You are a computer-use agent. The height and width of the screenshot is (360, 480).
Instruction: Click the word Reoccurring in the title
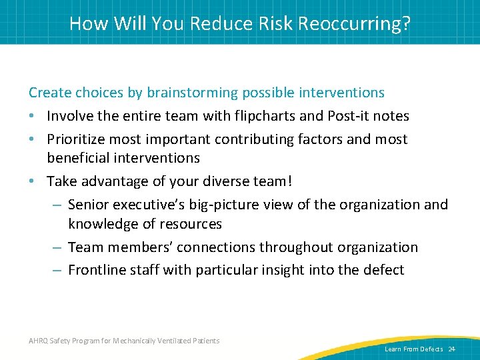tap(353, 24)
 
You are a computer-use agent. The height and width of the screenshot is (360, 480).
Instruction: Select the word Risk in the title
tap(275, 24)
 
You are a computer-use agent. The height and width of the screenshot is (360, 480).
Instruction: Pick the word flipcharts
tap(263, 116)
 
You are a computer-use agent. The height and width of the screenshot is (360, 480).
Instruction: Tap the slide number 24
tap(451, 349)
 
